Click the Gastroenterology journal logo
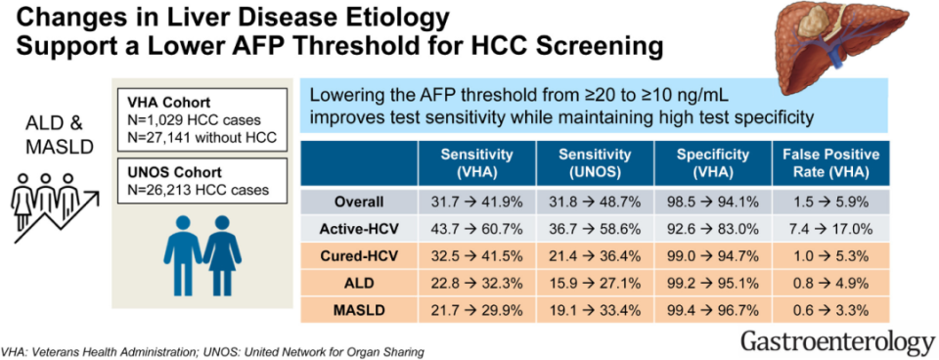pos(837,342)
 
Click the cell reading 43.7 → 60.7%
pos(476,228)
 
